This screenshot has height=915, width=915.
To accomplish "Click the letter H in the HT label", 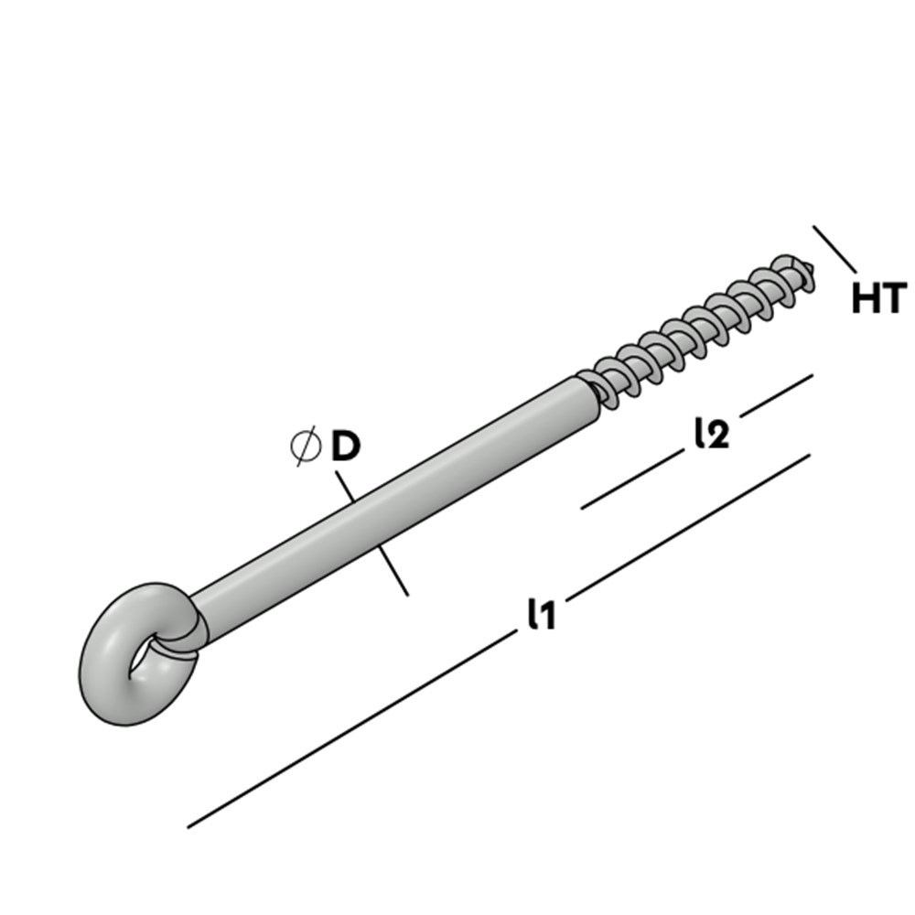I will coord(866,299).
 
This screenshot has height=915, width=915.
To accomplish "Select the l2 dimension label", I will coord(711,434).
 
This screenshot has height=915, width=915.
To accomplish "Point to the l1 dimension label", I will coord(541,614).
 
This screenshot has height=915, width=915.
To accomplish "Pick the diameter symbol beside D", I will coord(306,446).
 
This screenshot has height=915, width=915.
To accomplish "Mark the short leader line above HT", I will coord(834,249).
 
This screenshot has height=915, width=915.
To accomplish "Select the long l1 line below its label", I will coord(348,733).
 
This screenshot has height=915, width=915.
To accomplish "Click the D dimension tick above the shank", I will coord(345,486).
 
